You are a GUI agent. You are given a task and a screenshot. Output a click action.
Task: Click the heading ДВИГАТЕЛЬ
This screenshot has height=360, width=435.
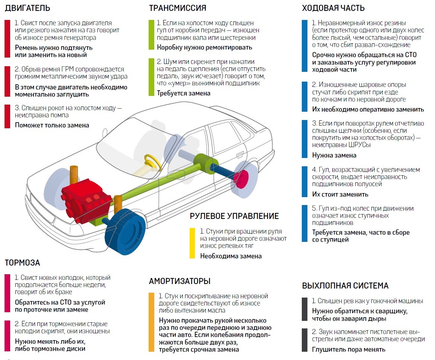27,8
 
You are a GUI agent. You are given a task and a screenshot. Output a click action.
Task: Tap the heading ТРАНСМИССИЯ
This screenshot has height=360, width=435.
178,8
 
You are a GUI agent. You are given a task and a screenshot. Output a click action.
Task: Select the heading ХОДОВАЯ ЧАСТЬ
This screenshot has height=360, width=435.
333,8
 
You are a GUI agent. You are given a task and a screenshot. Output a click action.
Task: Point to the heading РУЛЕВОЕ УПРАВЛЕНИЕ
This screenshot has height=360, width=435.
234,216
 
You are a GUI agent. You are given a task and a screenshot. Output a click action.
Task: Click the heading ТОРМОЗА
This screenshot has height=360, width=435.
22,263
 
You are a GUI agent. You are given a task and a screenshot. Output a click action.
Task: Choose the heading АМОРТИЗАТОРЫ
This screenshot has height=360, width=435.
179,281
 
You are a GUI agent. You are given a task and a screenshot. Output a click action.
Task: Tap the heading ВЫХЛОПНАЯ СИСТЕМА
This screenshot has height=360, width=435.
345,286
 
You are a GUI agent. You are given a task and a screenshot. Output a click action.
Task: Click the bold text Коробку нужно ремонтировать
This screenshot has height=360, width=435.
204,47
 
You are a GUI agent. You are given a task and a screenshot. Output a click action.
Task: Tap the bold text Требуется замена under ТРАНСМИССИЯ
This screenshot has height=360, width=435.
184,93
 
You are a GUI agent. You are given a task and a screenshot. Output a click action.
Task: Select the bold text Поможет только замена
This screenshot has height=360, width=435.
52,125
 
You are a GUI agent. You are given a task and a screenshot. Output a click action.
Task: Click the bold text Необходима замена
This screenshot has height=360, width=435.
231,256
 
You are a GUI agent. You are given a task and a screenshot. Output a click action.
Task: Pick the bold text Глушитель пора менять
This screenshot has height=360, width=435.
349,349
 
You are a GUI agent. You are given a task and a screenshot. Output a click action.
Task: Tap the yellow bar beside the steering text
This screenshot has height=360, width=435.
192,243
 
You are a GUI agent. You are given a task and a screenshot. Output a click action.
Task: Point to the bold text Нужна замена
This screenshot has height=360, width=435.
334,155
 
